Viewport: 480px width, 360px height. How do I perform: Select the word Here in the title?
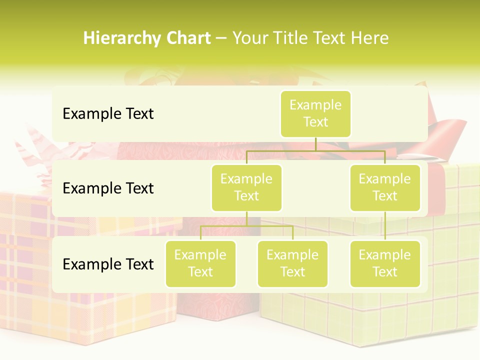point(369,38)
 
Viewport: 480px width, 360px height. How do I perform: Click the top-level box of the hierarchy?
point(315,114)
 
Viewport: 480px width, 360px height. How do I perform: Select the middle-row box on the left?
point(246,187)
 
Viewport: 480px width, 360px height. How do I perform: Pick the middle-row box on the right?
point(385,187)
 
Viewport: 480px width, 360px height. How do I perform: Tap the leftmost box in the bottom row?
point(200,263)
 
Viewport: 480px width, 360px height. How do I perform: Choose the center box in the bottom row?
point(292,263)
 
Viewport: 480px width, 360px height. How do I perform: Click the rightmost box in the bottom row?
point(385,263)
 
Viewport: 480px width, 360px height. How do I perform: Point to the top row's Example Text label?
point(108,114)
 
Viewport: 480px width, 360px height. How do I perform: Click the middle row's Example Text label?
point(108,188)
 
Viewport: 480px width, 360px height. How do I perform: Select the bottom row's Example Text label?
point(108,264)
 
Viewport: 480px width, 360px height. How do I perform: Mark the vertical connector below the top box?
point(315,144)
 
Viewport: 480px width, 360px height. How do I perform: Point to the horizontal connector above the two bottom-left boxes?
point(246,226)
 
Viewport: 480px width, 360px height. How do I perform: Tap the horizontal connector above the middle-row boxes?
point(315,150)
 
